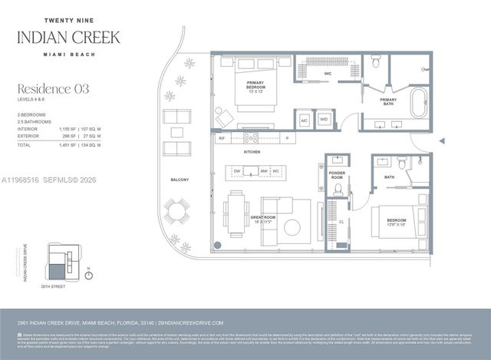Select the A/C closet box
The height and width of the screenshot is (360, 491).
[x=304, y=120]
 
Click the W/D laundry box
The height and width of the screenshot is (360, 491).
[x=323, y=120]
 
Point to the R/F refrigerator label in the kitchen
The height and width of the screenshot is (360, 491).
[x=222, y=138]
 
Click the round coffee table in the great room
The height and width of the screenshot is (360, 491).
[x=294, y=226]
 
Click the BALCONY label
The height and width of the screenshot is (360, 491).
[x=180, y=180]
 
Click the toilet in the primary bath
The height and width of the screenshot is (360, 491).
[x=375, y=63]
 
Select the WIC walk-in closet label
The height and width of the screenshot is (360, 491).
[x=326, y=74]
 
